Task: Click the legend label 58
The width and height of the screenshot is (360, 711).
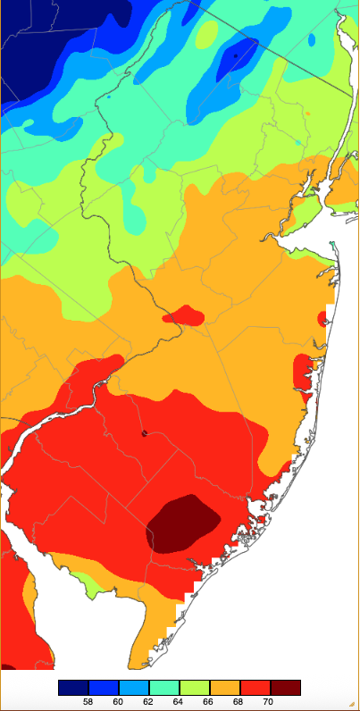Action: [88, 702]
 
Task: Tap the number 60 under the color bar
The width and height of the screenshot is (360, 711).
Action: [119, 702]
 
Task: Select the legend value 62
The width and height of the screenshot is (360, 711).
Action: [148, 702]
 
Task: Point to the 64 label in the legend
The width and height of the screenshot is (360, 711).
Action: [179, 702]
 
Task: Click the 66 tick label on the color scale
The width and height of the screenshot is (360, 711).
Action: [209, 702]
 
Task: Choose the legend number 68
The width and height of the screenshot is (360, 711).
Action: [239, 702]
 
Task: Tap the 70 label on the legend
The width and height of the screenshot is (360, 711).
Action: [270, 702]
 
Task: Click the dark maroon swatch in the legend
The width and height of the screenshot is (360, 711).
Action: [285, 687]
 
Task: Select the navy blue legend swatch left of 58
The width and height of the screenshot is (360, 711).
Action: [73, 687]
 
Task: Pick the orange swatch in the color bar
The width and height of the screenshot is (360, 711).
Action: [224, 687]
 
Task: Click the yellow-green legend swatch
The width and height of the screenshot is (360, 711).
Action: [194, 687]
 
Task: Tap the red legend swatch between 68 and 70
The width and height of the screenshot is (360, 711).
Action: [255, 687]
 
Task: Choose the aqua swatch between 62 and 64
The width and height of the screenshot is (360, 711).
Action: [163, 687]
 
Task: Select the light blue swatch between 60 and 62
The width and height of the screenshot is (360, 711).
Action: [134, 687]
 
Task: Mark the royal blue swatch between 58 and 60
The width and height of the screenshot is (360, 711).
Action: [104, 687]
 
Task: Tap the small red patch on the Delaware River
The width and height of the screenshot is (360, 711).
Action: [183, 315]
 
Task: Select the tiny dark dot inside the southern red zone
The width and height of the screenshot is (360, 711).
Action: [144, 434]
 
